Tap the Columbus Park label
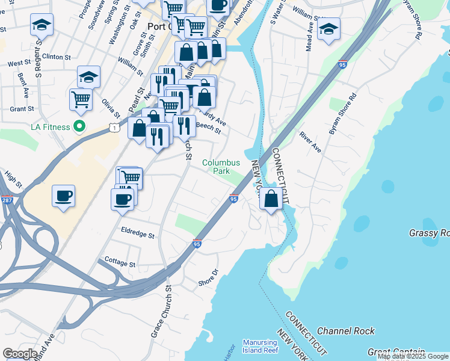[221, 167]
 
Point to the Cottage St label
[120, 264]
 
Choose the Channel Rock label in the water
[345, 331]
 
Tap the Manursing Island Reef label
[260, 346]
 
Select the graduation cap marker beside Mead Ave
[328, 29]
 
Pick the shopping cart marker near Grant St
[81, 100]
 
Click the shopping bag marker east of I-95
[271, 199]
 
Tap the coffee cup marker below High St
[63, 196]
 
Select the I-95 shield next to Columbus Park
[233, 199]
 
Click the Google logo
[20, 354]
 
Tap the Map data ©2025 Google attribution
[413, 356]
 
